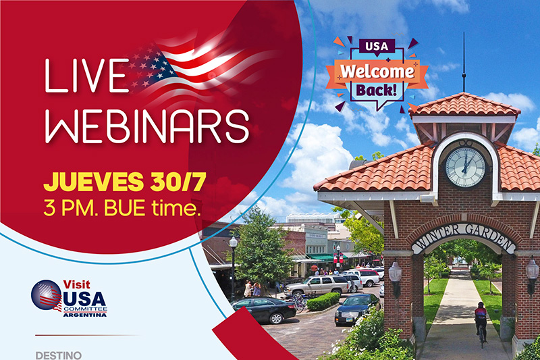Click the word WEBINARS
click(147, 126)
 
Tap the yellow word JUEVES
click(93, 182)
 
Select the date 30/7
click(178, 182)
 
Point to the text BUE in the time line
click(124, 208)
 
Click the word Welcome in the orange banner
click(377, 72)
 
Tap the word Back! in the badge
click(377, 91)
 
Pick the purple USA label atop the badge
click(377, 46)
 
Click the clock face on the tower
click(465, 168)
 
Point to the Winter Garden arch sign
click(464, 236)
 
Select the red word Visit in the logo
click(76, 284)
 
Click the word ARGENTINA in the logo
click(85, 315)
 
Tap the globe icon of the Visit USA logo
click(47, 295)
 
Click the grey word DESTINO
click(59, 355)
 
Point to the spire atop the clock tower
click(464, 62)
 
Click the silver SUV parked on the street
click(317, 284)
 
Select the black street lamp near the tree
click(233, 267)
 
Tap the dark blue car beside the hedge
click(357, 309)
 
